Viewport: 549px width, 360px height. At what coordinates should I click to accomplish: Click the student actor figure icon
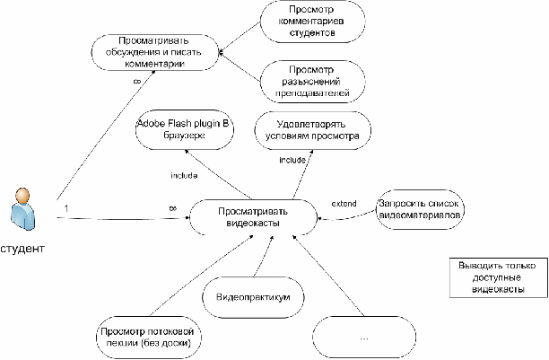coord(22,209)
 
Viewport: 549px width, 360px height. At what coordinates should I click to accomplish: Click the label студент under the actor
coord(22,249)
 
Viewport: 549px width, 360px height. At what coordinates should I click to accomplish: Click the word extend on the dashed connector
coord(344,204)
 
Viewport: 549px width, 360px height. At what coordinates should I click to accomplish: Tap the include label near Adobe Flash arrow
coord(184,175)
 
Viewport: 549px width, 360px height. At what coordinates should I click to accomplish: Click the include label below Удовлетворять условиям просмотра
coord(292,160)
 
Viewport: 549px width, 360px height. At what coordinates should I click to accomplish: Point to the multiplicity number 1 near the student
coord(66,208)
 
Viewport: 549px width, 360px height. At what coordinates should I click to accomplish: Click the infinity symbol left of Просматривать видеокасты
coord(172,208)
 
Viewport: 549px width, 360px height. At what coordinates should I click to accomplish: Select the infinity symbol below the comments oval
coord(137,82)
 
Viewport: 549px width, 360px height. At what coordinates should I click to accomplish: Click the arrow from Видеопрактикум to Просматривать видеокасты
coord(264,256)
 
